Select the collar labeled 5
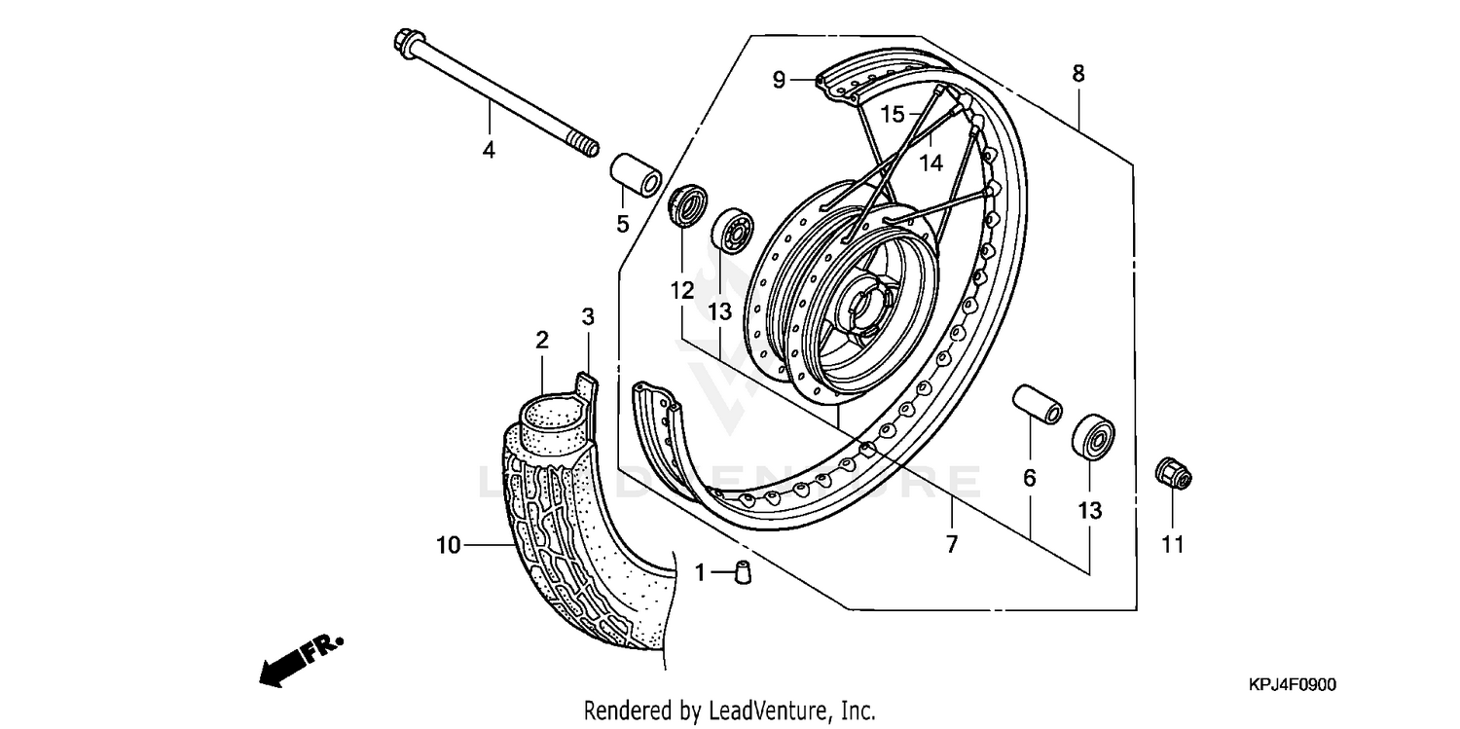click(636, 173)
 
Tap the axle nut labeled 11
click(1173, 474)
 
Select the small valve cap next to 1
click(744, 572)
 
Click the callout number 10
click(448, 547)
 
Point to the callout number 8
click(1078, 73)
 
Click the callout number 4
click(489, 151)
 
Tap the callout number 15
click(893, 114)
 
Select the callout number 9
click(779, 80)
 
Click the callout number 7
click(952, 544)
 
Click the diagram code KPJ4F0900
click(1293, 685)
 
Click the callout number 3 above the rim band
click(588, 316)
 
